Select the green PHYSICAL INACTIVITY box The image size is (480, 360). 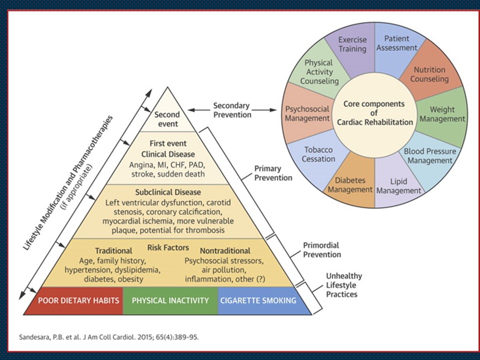coord(170,301)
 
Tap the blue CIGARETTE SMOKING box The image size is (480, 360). coord(258,301)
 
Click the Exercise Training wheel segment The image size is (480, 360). coord(352,44)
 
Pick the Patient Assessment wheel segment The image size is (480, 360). coord(396,44)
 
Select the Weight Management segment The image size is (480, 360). coord(446,114)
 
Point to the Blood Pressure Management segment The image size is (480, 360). coord(427,155)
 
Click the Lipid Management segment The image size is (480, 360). coord(398,185)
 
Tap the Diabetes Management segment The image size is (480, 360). coord(350,184)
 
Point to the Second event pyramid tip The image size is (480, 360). coord(166,119)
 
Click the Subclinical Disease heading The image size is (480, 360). coord(167,192)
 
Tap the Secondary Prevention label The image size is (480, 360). coord(232,110)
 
